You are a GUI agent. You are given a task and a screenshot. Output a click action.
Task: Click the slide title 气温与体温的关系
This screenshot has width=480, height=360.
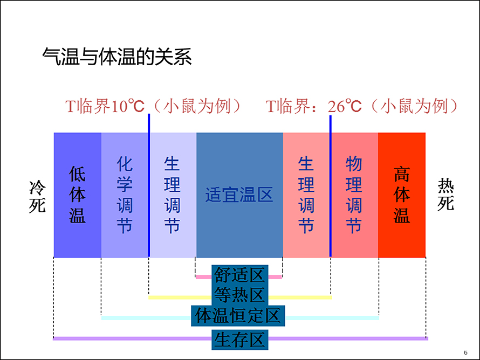coord(117,57)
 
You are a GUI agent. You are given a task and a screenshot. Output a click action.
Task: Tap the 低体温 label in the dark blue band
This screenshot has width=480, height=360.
coord(77,195)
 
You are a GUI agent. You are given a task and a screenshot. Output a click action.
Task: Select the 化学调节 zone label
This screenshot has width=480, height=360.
coord(125,195)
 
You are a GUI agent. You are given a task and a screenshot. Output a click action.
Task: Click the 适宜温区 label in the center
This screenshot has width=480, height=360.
coord(239,195)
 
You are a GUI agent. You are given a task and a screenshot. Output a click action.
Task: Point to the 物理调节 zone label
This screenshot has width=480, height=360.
coord(354,195)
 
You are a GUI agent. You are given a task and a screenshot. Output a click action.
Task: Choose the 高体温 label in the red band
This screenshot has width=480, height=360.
coord(402,195)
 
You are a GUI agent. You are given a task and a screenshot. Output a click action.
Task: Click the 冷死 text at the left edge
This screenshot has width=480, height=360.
coord(37,196)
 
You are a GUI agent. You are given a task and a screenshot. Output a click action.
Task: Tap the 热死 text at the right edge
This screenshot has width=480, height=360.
coord(445,194)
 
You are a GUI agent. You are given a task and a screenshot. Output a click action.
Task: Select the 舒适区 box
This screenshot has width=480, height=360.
coord(240,275)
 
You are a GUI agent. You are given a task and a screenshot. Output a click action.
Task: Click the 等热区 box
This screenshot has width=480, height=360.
coord(240,295)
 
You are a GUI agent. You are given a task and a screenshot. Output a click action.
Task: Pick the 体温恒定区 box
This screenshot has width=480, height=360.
coord(238,316)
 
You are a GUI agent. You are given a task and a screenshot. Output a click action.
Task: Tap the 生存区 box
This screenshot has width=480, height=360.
coord(240,340)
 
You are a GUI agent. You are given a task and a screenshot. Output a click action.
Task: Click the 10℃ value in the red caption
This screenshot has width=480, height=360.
coord(128,106)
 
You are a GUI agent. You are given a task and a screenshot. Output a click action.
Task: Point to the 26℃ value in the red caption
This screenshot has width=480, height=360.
coord(345,106)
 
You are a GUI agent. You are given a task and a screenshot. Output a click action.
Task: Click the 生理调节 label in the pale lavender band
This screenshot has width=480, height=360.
coord(172,195)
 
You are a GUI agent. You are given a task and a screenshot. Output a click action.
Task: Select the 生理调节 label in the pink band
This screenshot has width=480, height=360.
coord(306,195)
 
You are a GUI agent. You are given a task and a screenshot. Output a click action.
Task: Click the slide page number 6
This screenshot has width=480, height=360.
coord(465,352)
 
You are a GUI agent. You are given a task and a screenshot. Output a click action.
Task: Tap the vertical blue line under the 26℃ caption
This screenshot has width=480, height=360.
coord(330,186)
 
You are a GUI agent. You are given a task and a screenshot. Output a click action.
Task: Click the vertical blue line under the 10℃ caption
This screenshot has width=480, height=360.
coord(149,185)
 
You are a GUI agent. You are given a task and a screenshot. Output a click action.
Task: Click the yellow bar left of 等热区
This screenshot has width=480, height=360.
coord(180,297)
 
